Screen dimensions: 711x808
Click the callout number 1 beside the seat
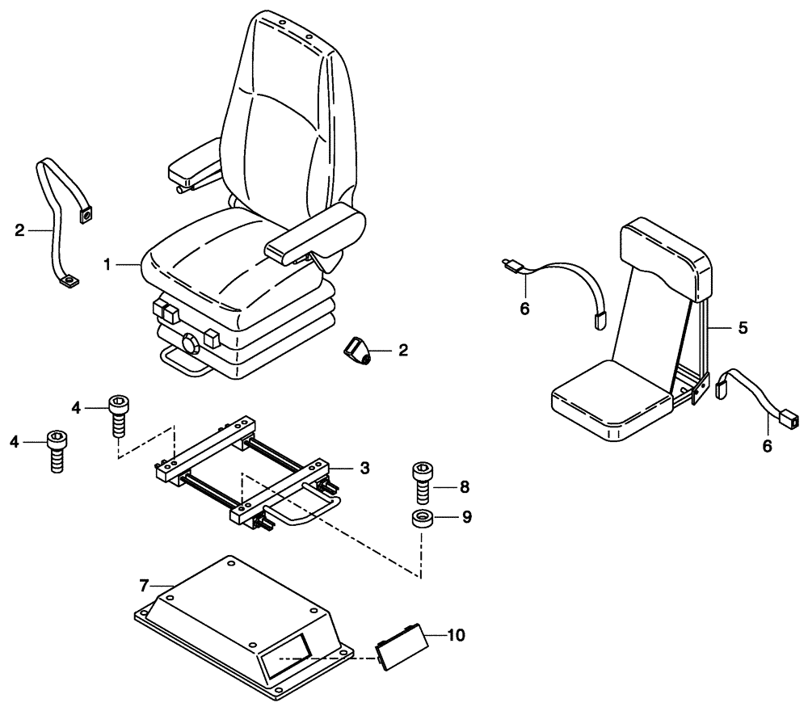[x=107, y=264]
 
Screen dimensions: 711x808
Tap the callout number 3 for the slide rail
[x=364, y=468]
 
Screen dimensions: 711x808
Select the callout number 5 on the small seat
[x=742, y=329]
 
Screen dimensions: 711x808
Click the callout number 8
[x=463, y=487]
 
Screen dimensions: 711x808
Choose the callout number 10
[x=456, y=635]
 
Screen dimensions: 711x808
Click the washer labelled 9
[x=421, y=519]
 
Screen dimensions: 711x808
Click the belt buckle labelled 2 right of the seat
[x=357, y=351]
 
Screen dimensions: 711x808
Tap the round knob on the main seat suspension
[x=192, y=344]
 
